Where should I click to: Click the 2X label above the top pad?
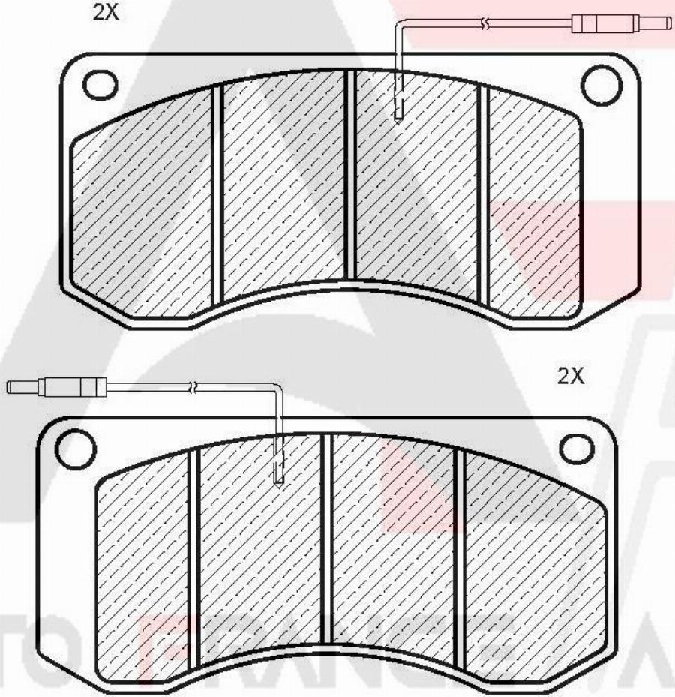click(x=104, y=12)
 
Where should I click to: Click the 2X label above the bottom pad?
click(x=570, y=375)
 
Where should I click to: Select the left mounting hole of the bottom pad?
click(x=76, y=448)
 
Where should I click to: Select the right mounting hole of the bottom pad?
click(x=576, y=448)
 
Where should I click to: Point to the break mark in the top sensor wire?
click(x=487, y=24)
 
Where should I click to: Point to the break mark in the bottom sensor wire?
click(x=193, y=387)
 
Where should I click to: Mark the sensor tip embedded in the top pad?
click(x=399, y=110)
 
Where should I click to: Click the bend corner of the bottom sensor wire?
click(x=279, y=389)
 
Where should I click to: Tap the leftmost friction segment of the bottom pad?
click(x=142, y=570)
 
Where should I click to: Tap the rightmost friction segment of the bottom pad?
click(x=532, y=570)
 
